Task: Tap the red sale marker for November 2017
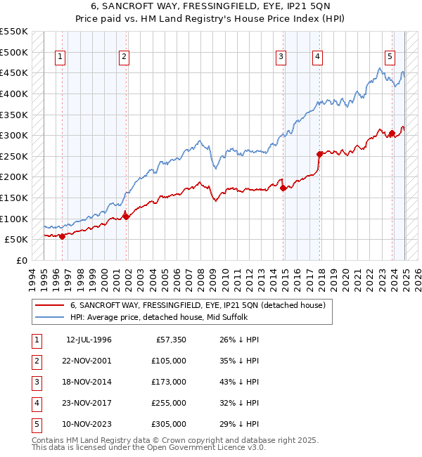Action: (320, 153)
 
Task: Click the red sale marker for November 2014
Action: (283, 188)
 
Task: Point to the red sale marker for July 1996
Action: (62, 236)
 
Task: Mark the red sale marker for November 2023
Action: (392, 133)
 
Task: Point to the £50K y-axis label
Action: (16, 240)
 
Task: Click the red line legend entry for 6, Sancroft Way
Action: (197, 306)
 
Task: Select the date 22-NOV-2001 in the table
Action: (89, 361)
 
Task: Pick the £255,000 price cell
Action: (168, 403)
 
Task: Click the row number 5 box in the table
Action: (36, 424)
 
